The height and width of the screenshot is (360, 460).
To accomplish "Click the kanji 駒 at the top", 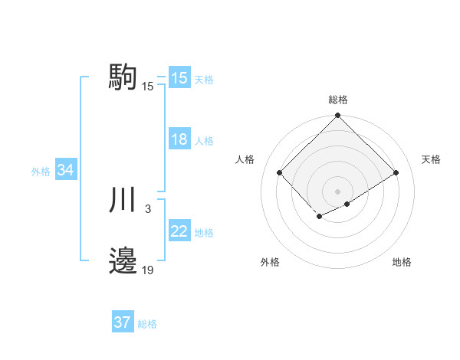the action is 123,77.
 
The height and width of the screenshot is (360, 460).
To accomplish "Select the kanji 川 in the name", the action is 123,200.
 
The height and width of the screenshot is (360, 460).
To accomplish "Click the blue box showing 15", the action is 179,78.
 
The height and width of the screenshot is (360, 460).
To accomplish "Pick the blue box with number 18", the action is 179,140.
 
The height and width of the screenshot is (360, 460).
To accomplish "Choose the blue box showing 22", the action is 179,232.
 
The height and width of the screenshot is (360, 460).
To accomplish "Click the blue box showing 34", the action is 66,171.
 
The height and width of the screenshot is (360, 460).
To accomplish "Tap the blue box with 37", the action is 123,322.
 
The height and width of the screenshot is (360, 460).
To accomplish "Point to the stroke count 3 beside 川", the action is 147,208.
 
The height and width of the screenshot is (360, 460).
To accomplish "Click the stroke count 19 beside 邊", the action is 147,270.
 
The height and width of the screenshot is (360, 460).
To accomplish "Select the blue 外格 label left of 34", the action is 41,172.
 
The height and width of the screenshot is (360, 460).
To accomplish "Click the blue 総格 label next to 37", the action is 147,323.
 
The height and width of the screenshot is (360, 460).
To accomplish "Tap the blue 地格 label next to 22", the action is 204,233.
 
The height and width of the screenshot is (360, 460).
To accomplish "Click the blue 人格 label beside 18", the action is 204,141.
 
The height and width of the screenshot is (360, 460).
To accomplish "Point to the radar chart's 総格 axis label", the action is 337,100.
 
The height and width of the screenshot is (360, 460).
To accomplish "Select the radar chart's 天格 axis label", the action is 431,159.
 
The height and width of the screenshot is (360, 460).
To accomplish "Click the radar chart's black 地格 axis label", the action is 402,262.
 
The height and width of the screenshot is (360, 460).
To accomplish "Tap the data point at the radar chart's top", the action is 337,116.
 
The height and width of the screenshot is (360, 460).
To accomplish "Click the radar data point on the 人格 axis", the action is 280,172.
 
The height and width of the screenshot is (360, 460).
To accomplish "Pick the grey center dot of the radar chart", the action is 337,191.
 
